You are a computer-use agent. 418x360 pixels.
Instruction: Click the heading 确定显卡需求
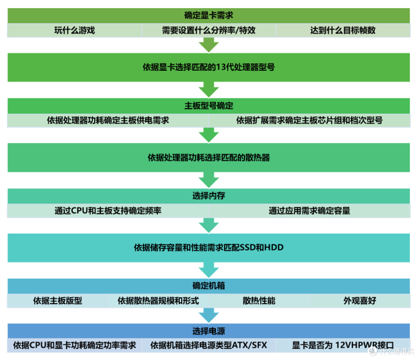[209, 16]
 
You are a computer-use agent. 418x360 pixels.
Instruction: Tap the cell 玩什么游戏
[74, 31]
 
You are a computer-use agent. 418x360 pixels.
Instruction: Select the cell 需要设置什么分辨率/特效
[209, 31]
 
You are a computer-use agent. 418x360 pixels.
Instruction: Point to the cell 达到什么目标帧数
[343, 31]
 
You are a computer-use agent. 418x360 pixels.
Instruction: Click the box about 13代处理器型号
[209, 67]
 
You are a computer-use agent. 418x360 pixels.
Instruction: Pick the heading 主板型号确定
[209, 106]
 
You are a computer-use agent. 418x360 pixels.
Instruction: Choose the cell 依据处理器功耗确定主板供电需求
[108, 120]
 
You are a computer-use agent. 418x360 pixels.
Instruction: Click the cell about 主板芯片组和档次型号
[309, 120]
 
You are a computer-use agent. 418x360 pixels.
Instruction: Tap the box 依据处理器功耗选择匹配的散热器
[209, 158]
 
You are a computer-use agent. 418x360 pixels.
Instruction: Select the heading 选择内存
[209, 196]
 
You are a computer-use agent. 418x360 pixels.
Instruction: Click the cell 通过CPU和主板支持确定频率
[108, 211]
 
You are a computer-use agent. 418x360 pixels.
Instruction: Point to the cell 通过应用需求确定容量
[309, 211]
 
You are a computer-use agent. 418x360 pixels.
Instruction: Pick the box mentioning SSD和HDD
[209, 247]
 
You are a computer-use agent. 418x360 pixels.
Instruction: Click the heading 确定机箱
[209, 286]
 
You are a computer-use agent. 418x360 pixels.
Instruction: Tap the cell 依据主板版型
[58, 301]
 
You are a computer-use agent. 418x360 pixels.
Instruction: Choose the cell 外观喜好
[360, 301]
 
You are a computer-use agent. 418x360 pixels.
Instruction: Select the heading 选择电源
[209, 331]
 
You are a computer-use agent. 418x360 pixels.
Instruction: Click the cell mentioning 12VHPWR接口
[343, 345]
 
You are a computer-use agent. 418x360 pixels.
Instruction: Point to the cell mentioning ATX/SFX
[209, 345]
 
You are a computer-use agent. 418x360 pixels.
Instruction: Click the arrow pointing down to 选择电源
[209, 315]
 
